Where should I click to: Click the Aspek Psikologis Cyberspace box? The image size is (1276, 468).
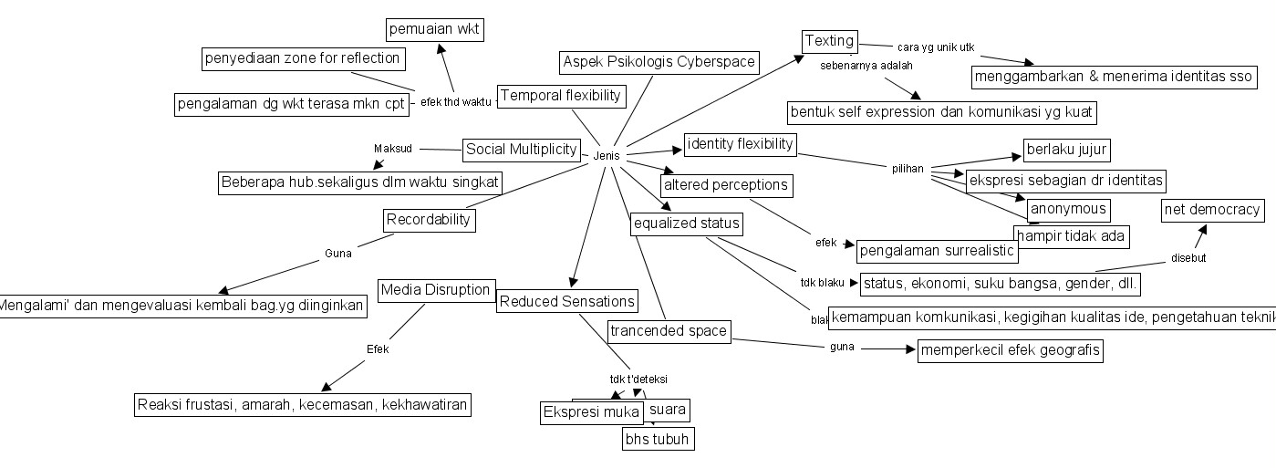coord(659,62)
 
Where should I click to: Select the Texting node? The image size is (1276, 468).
coord(829,41)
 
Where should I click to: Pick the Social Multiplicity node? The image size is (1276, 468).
coord(521,149)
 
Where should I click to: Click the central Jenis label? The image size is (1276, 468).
coord(607,156)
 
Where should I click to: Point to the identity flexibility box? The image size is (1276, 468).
coord(741,144)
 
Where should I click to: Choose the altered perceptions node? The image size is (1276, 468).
coord(725,185)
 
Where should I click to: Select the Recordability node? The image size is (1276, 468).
coord(428,220)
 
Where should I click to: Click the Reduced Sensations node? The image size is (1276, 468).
coord(566,302)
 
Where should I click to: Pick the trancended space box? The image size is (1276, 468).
coord(669,331)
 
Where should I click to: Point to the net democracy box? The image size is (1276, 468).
coord(1212,211)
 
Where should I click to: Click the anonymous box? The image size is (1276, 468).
coord(1068,209)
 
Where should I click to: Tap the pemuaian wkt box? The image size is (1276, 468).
coord(434,30)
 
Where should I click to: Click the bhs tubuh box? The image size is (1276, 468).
coord(657,440)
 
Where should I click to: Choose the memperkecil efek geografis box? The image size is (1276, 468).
coord(1010,350)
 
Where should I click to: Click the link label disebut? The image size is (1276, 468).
coord(1188,258)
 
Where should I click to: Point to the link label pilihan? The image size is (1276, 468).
coord(908,169)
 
